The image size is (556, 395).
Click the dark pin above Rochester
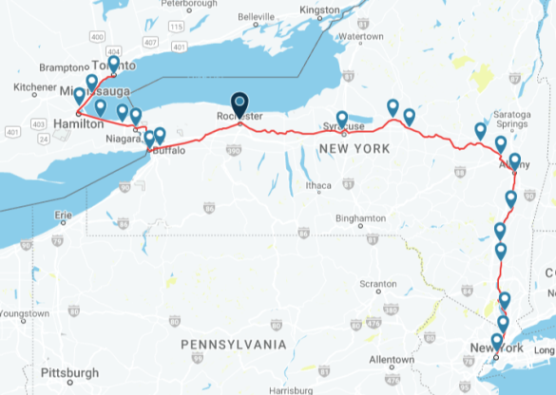coord(240,103)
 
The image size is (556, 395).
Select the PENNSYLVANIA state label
coord(240,343)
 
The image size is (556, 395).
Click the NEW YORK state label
coord(355,149)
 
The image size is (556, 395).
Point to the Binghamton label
coord(360,218)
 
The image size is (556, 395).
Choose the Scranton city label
coord(376,284)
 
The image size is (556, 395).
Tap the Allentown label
coord(393,360)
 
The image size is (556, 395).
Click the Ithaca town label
coord(318,184)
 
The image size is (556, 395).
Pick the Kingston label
coord(318,9)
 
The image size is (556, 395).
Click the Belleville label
coord(255,17)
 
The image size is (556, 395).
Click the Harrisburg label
coord(290,390)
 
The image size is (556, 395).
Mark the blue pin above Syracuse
coord(342,119)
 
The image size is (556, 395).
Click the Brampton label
coord(62,68)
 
